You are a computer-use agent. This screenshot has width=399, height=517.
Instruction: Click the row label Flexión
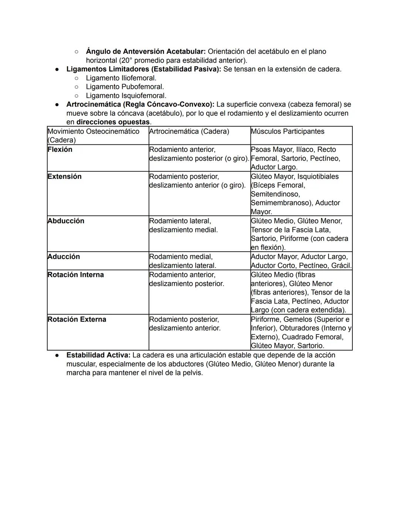(60, 150)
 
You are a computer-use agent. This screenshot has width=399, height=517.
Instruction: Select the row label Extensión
(64, 177)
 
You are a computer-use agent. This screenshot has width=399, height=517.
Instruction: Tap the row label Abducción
(66, 221)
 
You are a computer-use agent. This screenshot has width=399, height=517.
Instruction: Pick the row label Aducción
(64, 257)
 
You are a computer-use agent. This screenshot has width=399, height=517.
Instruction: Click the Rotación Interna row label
(76, 275)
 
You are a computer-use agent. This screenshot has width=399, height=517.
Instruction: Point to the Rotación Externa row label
(77, 319)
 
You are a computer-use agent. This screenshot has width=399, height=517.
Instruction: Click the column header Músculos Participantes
(287, 131)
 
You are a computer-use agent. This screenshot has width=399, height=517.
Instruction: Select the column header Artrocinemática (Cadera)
(189, 131)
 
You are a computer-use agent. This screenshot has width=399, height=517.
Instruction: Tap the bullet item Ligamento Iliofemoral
(121, 78)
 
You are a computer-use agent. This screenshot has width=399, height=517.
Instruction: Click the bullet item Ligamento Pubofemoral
(125, 87)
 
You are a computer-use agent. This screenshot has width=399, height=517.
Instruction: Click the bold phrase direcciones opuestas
(113, 122)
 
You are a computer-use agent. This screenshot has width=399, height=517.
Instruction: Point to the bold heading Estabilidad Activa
(98, 355)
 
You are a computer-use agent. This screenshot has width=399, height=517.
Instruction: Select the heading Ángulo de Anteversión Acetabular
(146, 51)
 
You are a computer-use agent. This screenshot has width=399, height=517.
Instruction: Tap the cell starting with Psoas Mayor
(295, 158)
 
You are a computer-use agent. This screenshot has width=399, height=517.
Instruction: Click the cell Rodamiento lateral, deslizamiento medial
(183, 225)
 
